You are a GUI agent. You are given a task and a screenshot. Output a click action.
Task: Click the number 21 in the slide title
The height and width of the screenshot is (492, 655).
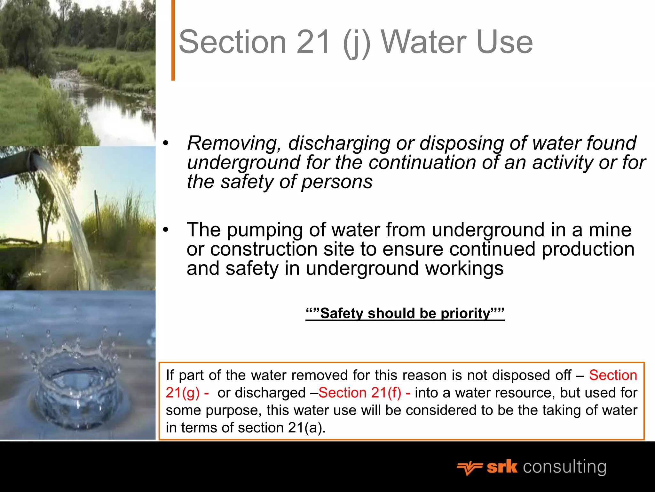tap(313, 42)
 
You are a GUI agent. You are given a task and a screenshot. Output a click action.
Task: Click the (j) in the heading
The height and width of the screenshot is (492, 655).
tap(356, 43)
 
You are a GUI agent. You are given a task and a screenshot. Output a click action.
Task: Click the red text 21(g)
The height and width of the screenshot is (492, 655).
tap(183, 393)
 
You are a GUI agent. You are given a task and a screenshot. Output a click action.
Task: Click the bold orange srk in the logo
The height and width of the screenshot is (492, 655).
tap(502, 467)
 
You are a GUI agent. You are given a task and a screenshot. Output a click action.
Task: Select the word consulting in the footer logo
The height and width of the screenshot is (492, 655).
tap(564, 467)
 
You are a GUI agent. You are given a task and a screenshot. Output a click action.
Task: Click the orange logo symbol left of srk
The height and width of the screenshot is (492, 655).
tap(469, 468)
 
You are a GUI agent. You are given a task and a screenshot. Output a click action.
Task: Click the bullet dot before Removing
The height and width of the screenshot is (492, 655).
tap(165, 143)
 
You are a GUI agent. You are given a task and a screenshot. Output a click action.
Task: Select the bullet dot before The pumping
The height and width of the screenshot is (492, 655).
tap(165, 230)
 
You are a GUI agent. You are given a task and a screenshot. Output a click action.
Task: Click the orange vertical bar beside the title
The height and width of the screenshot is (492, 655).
tap(173, 40)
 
